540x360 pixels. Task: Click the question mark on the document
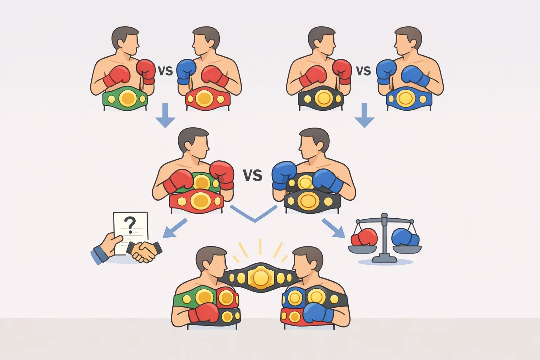tap(130, 225)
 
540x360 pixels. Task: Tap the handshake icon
tap(144, 251)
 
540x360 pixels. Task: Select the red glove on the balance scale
tap(364, 237)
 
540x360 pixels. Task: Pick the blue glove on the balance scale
tap(405, 237)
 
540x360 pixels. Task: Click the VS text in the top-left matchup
tap(165, 71)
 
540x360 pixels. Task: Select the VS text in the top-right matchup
tap(363, 71)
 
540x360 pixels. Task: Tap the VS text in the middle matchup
tap(252, 175)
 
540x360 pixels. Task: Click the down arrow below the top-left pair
tap(165, 115)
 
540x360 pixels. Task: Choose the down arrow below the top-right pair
tap(364, 115)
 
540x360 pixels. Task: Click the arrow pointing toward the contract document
tap(174, 229)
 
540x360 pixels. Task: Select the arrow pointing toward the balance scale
tap(334, 228)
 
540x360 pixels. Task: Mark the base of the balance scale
tap(385, 259)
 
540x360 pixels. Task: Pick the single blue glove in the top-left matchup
tap(186, 72)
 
